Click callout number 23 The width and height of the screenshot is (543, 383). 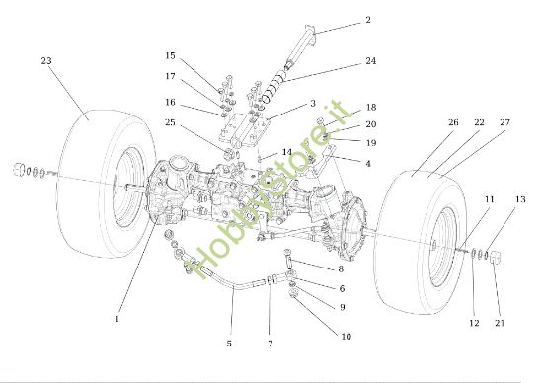coord(46,61)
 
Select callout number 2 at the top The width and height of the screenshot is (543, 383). coord(368,20)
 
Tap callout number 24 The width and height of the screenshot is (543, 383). coord(371,61)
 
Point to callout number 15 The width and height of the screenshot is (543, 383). coord(170,55)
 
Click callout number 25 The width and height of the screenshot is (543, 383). coord(170,122)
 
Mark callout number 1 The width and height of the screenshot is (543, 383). coord(117,319)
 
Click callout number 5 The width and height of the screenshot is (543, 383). coord(229,344)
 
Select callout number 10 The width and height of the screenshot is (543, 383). coord(346,337)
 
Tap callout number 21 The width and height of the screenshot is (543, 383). coord(500,323)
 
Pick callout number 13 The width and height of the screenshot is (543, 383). coord(520,199)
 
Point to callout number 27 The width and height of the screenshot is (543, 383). coord(505,122)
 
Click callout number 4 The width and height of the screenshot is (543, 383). coord(368,164)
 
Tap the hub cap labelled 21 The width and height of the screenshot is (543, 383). coord(497,258)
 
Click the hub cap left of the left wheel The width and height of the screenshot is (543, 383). coord(19,170)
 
